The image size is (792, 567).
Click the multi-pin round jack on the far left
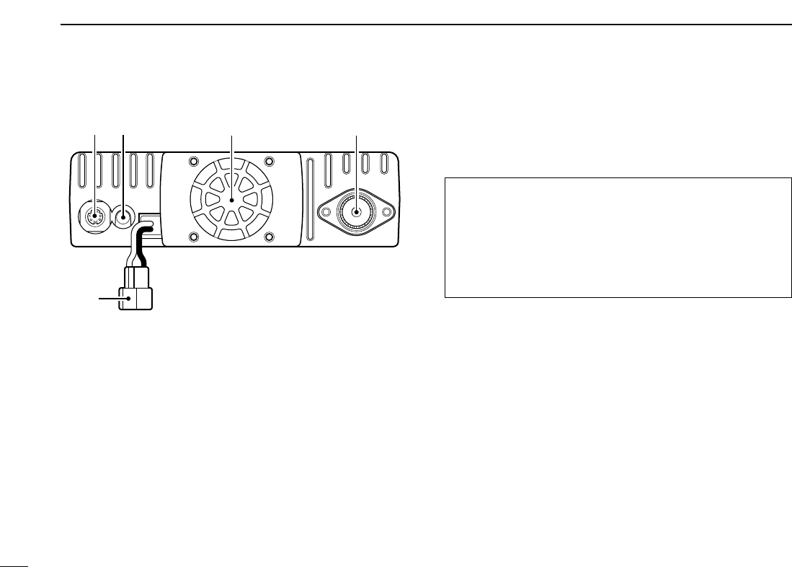coord(94,215)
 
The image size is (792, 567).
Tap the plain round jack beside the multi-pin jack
coord(124,215)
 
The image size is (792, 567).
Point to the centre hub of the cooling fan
coord(231,200)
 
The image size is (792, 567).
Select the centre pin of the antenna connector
coord(356,211)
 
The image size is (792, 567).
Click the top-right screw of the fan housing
coord(269,161)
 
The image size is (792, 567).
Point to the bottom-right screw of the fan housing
coord(269,237)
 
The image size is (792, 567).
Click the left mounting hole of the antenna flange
coord(325,211)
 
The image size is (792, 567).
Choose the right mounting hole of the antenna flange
coord(387,211)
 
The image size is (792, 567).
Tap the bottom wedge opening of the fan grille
coord(231,222)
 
